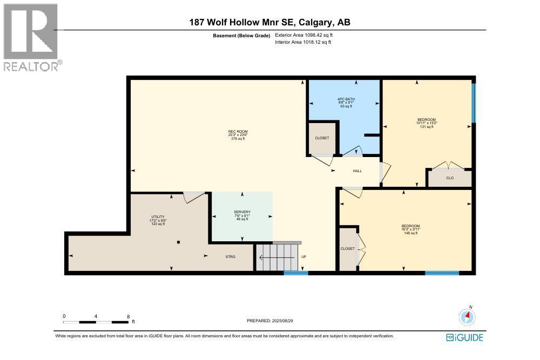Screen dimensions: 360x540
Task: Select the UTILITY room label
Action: pyautogui.click(x=157, y=216)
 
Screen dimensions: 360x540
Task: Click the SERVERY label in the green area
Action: pyautogui.click(x=242, y=212)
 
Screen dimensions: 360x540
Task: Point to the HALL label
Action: pyautogui.click(x=357, y=171)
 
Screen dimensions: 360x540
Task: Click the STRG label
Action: pyautogui.click(x=231, y=256)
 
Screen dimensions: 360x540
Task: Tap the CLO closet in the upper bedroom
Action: pyautogui.click(x=449, y=178)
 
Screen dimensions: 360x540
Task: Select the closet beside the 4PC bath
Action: pyautogui.click(x=322, y=138)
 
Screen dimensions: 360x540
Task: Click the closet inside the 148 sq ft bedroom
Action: pyautogui.click(x=347, y=249)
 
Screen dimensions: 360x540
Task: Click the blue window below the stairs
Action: pyautogui.click(x=296, y=273)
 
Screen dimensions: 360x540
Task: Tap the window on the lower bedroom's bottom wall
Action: pyautogui.click(x=442, y=273)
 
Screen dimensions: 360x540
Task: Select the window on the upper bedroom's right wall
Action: pyautogui.click(x=474, y=103)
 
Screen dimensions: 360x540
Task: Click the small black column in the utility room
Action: pyautogui.click(x=179, y=242)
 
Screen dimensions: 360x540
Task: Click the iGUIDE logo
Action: pyautogui.click(x=464, y=338)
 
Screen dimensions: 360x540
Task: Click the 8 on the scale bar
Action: pyautogui.click(x=129, y=316)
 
